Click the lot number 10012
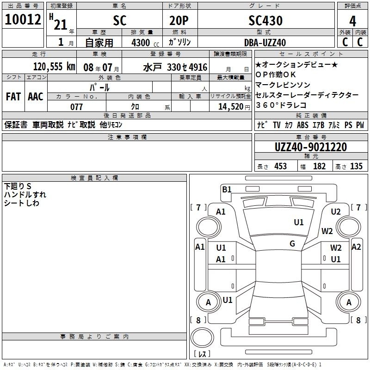[23, 19]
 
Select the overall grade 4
[352, 21]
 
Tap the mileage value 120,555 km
[54, 67]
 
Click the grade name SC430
[265, 20]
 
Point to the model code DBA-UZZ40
[265, 43]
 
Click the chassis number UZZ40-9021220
[311, 147]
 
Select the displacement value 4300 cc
[145, 43]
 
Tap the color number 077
[76, 107]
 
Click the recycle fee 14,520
[230, 107]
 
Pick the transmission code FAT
[13, 97]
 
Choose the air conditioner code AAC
[36, 97]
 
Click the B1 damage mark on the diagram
[227, 189]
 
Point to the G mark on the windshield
[292, 244]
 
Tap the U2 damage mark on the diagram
[336, 212]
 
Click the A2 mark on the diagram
[356, 247]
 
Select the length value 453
[280, 166]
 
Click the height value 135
[356, 166]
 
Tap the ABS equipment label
[302, 125]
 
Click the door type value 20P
[179, 20]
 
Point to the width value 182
[319, 166]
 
